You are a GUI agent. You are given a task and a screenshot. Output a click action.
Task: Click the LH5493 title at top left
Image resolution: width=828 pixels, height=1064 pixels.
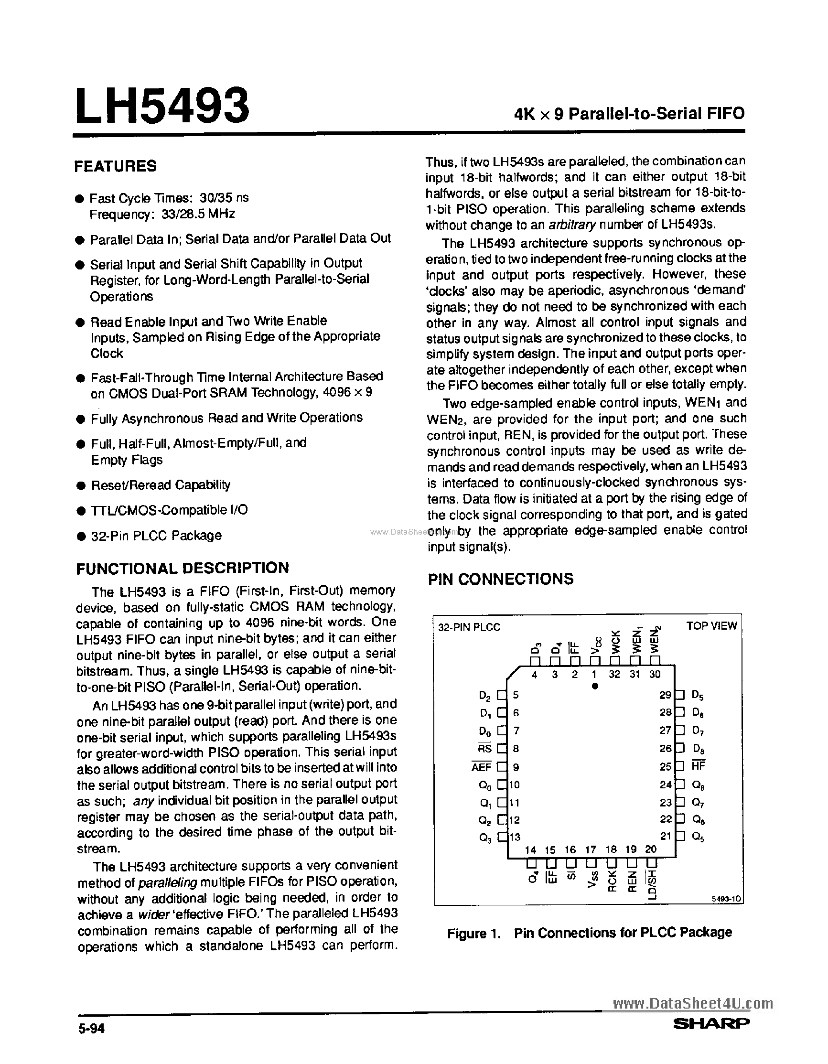coord(162,106)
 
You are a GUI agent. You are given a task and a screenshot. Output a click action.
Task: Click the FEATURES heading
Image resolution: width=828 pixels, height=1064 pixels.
coord(116,166)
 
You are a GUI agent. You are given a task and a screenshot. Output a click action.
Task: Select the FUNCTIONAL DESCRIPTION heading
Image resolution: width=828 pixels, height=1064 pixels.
coord(183,568)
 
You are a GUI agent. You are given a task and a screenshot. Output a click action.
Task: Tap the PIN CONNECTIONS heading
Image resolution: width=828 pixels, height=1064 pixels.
coord(500,579)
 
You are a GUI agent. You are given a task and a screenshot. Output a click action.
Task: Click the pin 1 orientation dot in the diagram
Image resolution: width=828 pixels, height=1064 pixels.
coord(595,686)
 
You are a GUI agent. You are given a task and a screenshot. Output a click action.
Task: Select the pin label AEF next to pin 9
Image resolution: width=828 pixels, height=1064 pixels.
coord(481,767)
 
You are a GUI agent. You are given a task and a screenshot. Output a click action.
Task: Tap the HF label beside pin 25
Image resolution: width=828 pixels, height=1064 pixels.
coord(698,766)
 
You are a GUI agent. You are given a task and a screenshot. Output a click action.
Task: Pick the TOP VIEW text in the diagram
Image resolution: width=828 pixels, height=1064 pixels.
coord(711,626)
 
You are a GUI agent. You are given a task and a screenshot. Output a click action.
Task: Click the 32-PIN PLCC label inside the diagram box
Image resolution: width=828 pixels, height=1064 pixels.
coord(469,627)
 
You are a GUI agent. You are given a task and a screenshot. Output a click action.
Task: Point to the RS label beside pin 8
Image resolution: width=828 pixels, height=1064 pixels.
coord(484,748)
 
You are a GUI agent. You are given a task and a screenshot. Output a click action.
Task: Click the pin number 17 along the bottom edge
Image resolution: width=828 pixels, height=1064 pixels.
coord(591,850)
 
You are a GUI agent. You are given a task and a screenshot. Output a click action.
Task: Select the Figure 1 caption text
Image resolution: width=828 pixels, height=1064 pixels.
coord(589,933)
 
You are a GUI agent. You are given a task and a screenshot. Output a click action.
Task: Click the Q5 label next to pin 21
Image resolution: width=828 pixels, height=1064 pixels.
coord(698,837)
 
